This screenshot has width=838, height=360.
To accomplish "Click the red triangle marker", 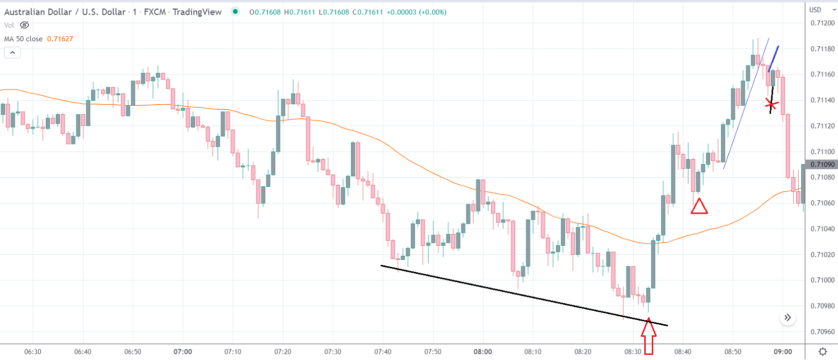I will coord(699,206).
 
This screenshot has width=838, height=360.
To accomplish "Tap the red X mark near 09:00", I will coord(771,105).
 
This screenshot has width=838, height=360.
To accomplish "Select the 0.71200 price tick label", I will coord(822,23).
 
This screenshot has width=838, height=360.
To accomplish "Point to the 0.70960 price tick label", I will coord(822,332).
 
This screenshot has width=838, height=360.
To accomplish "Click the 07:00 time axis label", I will coord(183,352).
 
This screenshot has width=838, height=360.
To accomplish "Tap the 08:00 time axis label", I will coord(483,352).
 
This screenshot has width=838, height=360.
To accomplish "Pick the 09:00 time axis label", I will coord(783,352).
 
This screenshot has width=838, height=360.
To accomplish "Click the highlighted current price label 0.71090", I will coord(822,165).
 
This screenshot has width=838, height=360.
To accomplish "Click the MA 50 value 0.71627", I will coord(60,39).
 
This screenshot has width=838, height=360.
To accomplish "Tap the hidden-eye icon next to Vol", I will coord(24,25).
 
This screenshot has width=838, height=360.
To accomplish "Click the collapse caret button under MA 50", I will coord(13,52).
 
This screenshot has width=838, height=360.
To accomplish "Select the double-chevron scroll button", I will coord(788,318).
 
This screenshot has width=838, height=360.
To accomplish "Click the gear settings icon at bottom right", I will coord(823,351).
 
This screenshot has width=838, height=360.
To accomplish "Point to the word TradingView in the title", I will coord(197,12).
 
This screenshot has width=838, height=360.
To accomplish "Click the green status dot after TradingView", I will coord(235,12).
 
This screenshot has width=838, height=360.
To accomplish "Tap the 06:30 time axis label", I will coord(33,352).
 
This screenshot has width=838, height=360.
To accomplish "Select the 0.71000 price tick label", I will coord(822,280).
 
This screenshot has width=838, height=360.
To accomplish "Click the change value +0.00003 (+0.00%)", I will coord(416,12).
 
